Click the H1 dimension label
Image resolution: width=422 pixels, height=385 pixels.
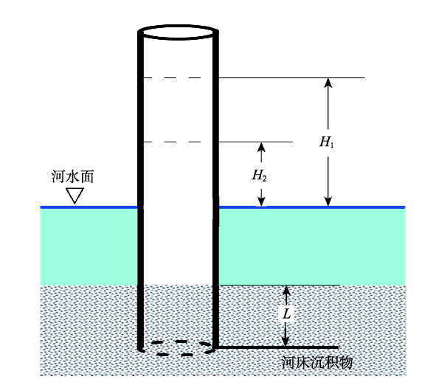tap(327, 142)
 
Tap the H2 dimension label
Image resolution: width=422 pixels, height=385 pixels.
tap(260, 176)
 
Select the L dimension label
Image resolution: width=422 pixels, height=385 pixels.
tap(287, 313)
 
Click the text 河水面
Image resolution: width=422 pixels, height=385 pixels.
tap(72, 177)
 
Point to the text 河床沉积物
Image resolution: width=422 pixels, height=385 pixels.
tap(317, 362)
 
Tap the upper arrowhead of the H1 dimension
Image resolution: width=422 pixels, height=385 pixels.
tap(328, 83)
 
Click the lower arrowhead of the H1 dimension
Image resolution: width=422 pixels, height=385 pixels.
tap(328, 201)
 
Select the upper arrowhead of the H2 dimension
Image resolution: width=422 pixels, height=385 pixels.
tap(261, 147)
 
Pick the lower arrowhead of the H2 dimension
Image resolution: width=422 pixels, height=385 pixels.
tap(261, 201)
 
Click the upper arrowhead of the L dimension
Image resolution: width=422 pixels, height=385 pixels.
tap(286, 291)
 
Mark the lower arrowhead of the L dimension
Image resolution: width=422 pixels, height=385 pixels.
tap(286, 341)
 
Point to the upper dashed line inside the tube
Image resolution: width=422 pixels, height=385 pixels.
tap(172, 77)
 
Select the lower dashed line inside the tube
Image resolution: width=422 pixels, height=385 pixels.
tap(172, 142)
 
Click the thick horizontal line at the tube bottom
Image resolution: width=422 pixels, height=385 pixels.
tap(277, 347)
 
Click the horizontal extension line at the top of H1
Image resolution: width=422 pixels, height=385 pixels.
tap(291, 77)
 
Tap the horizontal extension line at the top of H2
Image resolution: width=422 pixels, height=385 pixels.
tap(255, 142)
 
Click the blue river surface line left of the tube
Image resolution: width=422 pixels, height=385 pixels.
tap(89, 207)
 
